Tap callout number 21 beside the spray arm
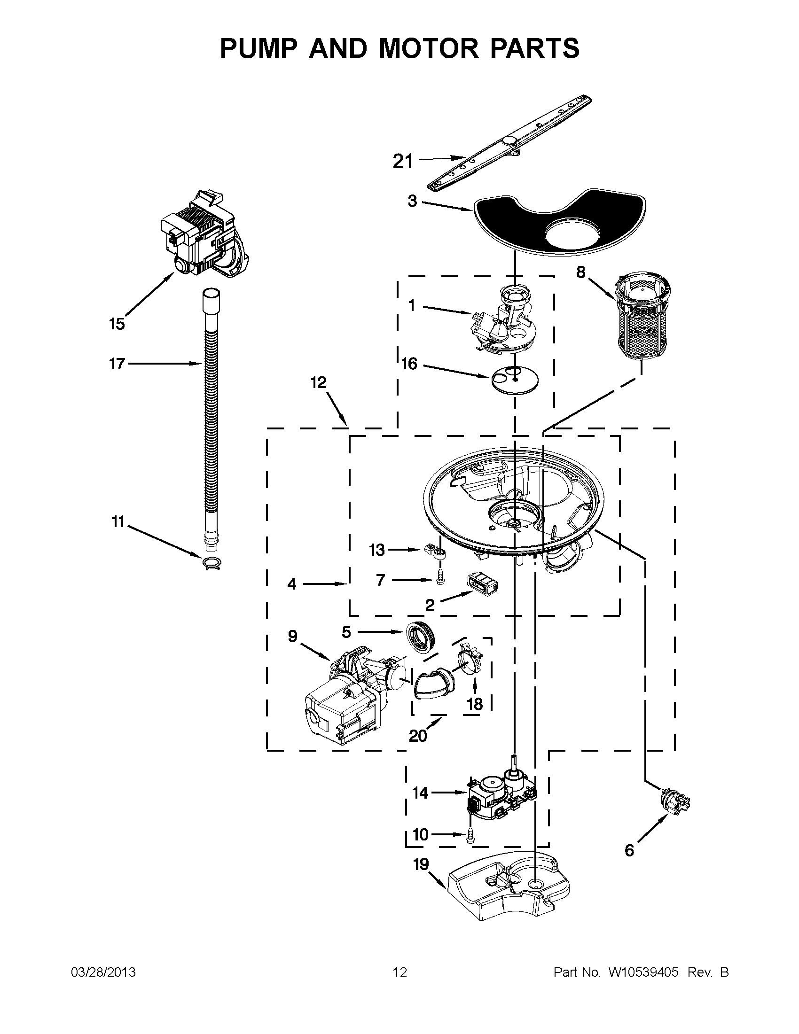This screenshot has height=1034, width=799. coord(403,162)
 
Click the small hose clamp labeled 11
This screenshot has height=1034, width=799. coord(211,563)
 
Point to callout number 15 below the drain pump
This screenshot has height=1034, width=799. coord(117,324)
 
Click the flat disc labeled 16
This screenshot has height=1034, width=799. coord(515,380)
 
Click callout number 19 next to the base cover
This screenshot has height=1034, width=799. coord(421,865)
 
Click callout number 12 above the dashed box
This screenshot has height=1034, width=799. coord(319,382)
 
